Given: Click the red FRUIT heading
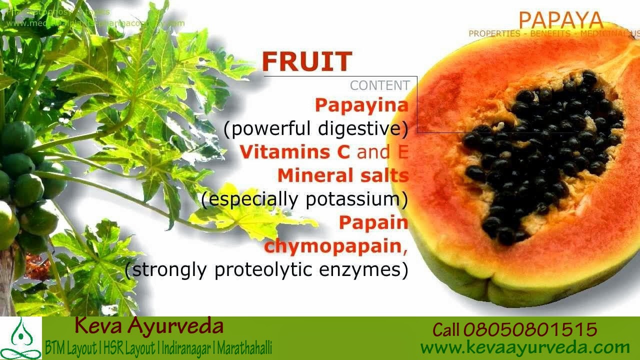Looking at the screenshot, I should [x=307, y=62].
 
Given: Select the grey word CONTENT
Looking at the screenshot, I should [x=379, y=85].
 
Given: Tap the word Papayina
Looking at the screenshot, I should [x=361, y=105].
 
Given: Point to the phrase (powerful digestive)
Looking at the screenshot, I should [x=316, y=129].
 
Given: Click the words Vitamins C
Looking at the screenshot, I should [x=294, y=152].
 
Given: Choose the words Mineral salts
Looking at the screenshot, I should [x=343, y=175].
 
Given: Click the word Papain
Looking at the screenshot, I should [x=373, y=222].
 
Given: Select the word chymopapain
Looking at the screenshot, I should [x=333, y=246].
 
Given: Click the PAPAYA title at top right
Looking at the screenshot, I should [x=560, y=20].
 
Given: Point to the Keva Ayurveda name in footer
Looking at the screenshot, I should [x=148, y=326].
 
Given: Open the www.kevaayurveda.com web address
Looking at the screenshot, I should [x=524, y=347].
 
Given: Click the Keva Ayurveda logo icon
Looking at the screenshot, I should [x=20, y=338].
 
